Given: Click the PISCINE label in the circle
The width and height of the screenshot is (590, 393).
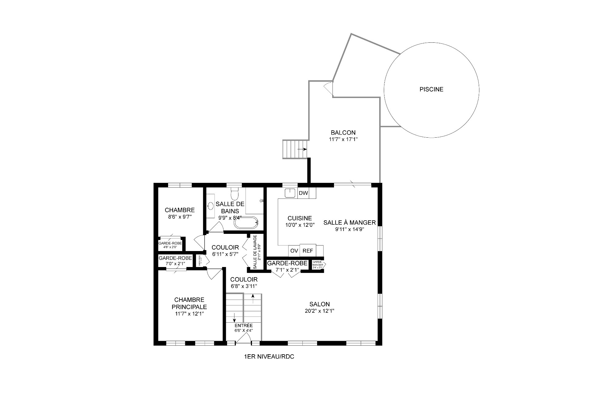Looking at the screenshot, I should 431,89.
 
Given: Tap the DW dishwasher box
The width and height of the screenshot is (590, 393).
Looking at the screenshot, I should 303,193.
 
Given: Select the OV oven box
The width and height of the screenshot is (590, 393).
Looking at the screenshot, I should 294,251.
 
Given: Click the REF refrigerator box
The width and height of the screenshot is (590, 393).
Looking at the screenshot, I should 308,251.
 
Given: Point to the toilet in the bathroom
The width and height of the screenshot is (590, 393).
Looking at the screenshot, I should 234,193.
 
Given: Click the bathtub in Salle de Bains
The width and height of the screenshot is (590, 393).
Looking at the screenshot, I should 246,223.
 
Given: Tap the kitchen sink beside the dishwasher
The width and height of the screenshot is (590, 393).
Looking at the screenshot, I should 289,193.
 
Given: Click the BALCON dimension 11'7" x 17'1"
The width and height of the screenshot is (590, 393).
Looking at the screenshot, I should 343,139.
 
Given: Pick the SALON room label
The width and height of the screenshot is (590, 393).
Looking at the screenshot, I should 320,304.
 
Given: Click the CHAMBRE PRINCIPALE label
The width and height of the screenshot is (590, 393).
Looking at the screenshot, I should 189,303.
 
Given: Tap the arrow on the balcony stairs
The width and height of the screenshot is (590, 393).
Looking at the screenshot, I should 302,149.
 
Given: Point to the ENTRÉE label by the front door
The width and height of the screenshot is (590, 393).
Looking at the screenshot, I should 243,326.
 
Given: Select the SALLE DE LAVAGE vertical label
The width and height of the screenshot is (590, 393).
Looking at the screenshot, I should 255,252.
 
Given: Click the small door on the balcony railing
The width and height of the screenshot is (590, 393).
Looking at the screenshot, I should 329,88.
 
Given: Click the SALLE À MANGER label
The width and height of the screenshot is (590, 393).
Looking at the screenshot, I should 349,222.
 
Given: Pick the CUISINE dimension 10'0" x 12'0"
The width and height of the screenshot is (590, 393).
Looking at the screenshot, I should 300,225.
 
